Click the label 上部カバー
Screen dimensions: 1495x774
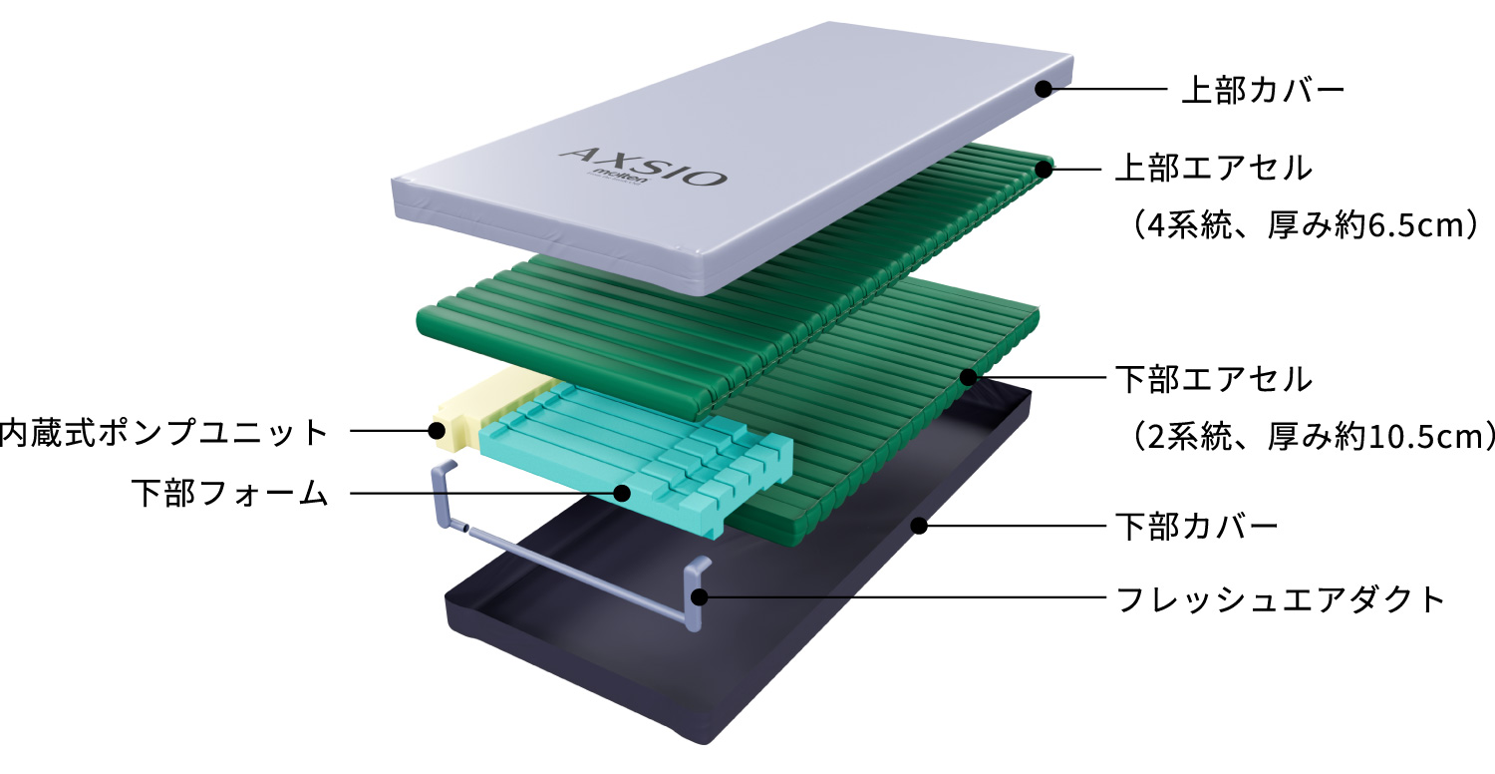(1263, 90)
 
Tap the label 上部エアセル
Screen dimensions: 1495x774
(1214, 168)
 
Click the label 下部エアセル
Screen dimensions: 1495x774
(1214, 379)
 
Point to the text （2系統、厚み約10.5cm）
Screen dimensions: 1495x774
(1308, 436)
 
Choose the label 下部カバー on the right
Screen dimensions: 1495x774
(1197, 527)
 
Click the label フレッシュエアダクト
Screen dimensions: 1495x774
(1280, 599)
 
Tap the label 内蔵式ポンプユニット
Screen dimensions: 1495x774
(164, 432)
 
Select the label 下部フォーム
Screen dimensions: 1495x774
(230, 494)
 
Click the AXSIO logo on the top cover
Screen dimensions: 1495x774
(644, 165)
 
